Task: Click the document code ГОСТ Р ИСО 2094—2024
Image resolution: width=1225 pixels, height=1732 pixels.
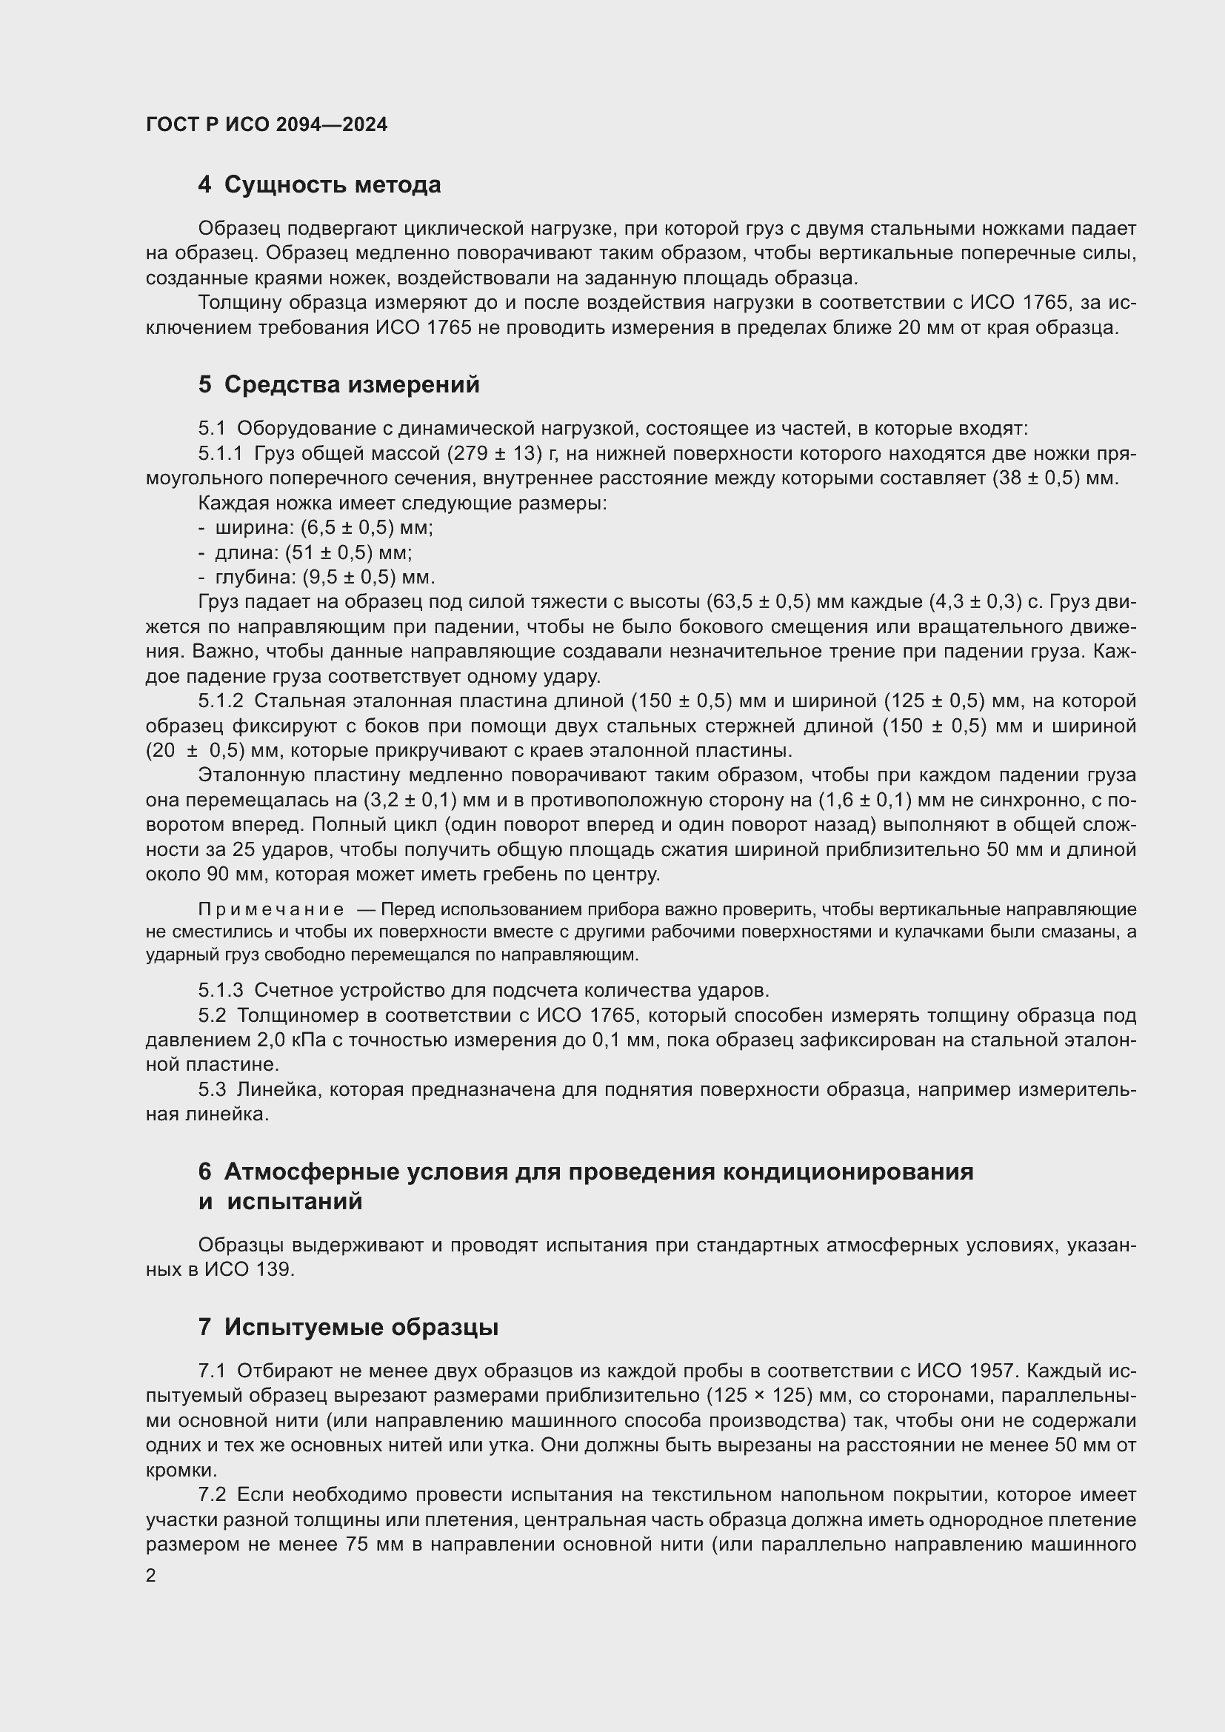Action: point(267,124)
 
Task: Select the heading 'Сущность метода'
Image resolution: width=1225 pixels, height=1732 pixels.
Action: point(332,185)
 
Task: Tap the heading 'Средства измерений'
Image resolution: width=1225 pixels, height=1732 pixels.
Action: point(352,385)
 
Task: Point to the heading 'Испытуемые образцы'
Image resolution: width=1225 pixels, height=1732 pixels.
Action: point(361,1327)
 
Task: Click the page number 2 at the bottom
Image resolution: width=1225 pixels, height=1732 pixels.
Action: point(151,1575)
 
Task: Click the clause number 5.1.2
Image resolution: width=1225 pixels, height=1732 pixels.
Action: point(221,701)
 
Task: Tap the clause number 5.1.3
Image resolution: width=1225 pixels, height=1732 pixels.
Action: point(221,990)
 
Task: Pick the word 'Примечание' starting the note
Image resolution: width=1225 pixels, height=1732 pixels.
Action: point(271,910)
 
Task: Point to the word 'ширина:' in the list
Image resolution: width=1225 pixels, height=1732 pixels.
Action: point(255,527)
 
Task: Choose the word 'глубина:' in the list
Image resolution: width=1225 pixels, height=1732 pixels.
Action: point(256,577)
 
